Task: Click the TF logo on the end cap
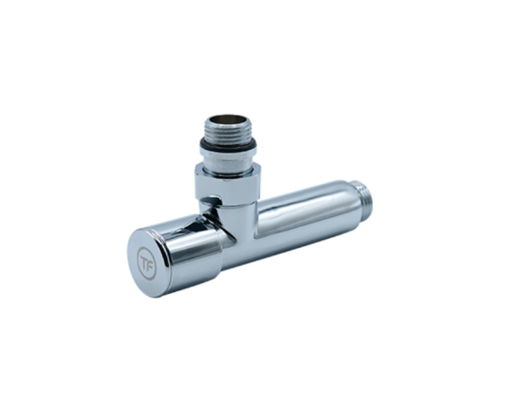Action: click(146, 263)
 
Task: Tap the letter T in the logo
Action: click(144, 261)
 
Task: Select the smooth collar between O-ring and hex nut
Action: click(226, 160)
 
